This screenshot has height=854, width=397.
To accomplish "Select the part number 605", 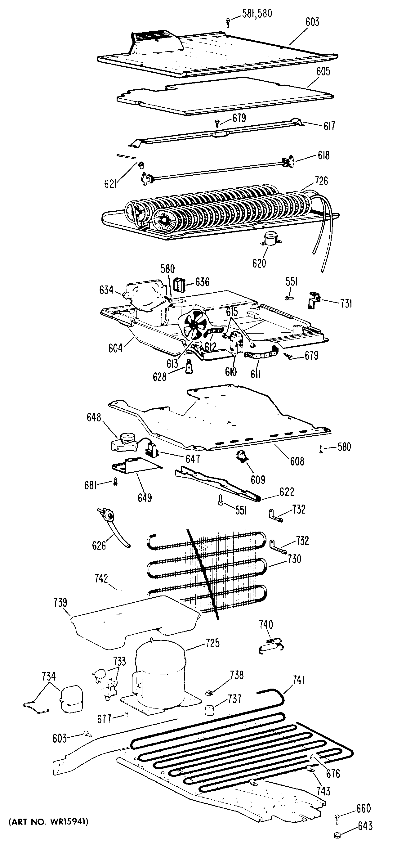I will point(323,72).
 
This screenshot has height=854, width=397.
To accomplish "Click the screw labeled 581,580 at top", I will point(228,23).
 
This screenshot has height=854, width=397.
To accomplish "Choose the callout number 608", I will point(297,461).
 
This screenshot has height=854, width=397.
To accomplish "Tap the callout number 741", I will point(298,681).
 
